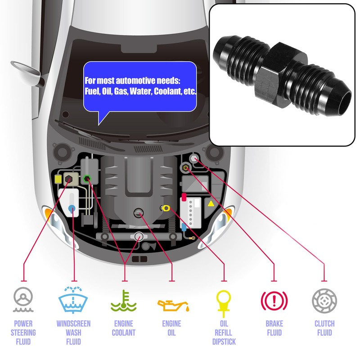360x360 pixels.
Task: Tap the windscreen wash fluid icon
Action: [73, 299]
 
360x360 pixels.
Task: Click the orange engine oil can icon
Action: [172, 305]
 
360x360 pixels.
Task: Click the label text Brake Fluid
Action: [274, 328]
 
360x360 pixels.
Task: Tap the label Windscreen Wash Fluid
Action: [73, 333]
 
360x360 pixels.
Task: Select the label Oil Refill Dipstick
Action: [224, 333]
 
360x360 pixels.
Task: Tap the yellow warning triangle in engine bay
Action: [210, 204]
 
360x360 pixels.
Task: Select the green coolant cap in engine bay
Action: [87, 178]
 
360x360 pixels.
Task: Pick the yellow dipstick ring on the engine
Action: [166, 208]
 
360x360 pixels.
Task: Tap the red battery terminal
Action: [184, 197]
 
